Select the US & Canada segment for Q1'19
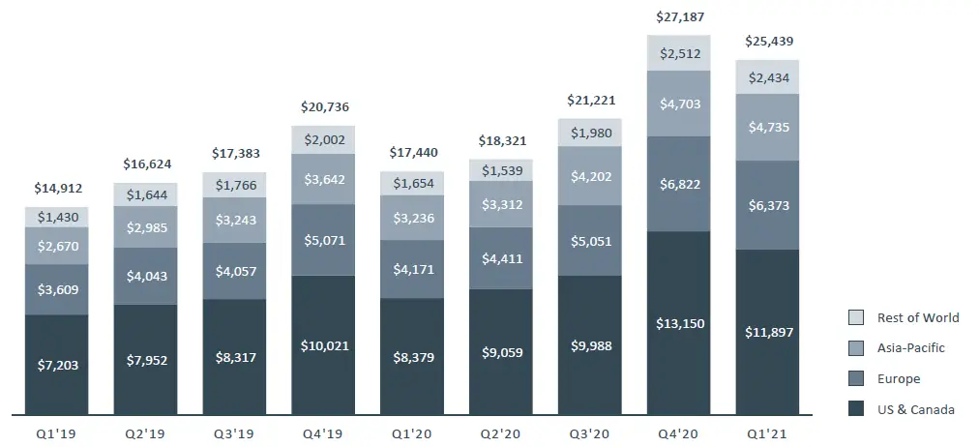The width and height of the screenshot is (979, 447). click(x=56, y=365)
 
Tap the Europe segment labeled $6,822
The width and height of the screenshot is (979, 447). click(x=678, y=184)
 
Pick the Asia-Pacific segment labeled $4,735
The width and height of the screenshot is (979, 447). click(x=767, y=127)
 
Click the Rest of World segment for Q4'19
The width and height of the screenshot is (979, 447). click(x=323, y=140)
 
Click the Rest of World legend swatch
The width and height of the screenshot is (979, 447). click(x=855, y=317)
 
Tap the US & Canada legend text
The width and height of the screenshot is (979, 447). click(x=915, y=409)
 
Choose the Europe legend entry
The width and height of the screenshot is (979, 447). click(x=899, y=379)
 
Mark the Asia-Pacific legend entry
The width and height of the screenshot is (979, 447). click(x=910, y=348)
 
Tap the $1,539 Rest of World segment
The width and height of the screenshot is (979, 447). click(x=501, y=170)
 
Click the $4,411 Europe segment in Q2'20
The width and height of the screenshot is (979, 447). click(x=501, y=258)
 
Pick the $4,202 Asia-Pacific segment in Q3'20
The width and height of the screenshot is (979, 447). click(x=589, y=176)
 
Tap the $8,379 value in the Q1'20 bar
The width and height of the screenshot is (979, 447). click(x=412, y=357)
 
